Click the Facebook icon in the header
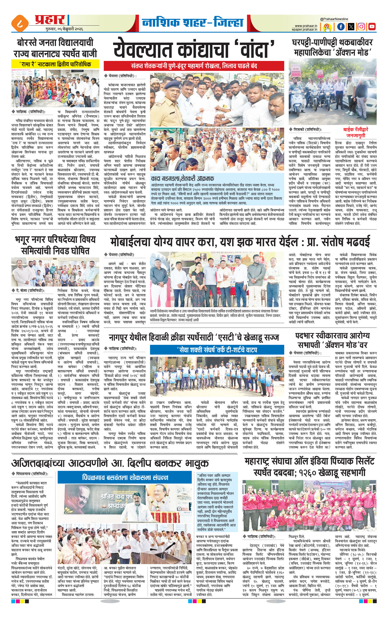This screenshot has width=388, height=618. pyautogui.click(x=341, y=26)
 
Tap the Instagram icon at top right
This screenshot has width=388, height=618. pyautogui.click(x=361, y=26)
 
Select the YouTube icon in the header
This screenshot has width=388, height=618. pyautogui.click(x=372, y=26)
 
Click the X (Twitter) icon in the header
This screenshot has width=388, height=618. pyautogui.click(x=351, y=26)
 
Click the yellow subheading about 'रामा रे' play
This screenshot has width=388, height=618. pyautogui.click(x=55, y=64)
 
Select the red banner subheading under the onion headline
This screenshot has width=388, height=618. pyautogui.click(x=194, y=66)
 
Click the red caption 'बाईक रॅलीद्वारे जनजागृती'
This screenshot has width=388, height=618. pyautogui.click(x=355, y=132)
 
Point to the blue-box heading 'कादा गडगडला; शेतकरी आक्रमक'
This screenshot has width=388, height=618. pyautogui.click(x=183, y=179)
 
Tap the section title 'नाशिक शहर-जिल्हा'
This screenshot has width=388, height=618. pyautogui.click(x=193, y=22)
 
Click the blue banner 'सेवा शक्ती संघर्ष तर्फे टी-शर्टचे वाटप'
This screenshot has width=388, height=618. pyautogui.click(x=217, y=350)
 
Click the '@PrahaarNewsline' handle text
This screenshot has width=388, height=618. pyautogui.click(x=334, y=19)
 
